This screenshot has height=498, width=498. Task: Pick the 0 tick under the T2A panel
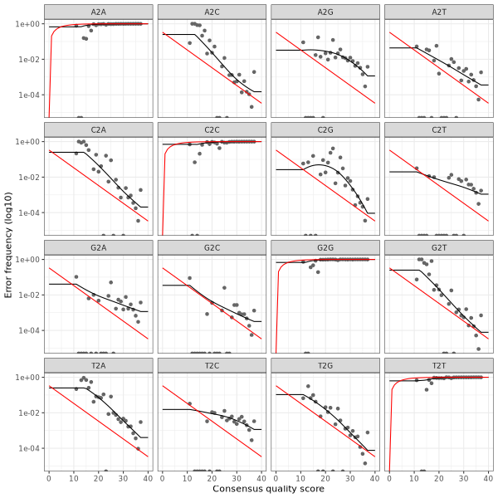pyautogui.click(x=49, y=477)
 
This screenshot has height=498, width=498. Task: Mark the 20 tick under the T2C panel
pyautogui.click(x=212, y=477)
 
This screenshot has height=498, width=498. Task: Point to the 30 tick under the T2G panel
pyautogui.click(x=350, y=477)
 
